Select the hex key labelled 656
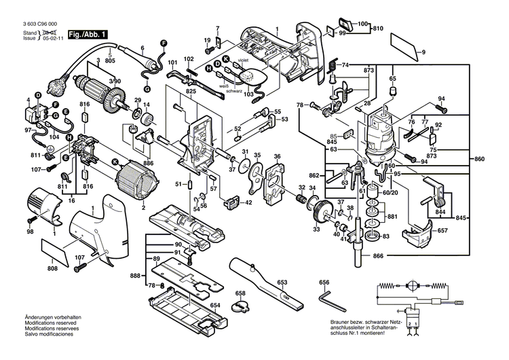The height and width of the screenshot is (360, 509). pos(329,296)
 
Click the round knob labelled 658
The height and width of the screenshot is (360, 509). pos(240,304)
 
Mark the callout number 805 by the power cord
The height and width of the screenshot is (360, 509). pos(110,62)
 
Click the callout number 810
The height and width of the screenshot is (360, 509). pos(378,28)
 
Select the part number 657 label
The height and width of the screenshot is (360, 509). pos(441,232)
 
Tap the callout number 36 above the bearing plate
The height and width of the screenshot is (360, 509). pos(277,157)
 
